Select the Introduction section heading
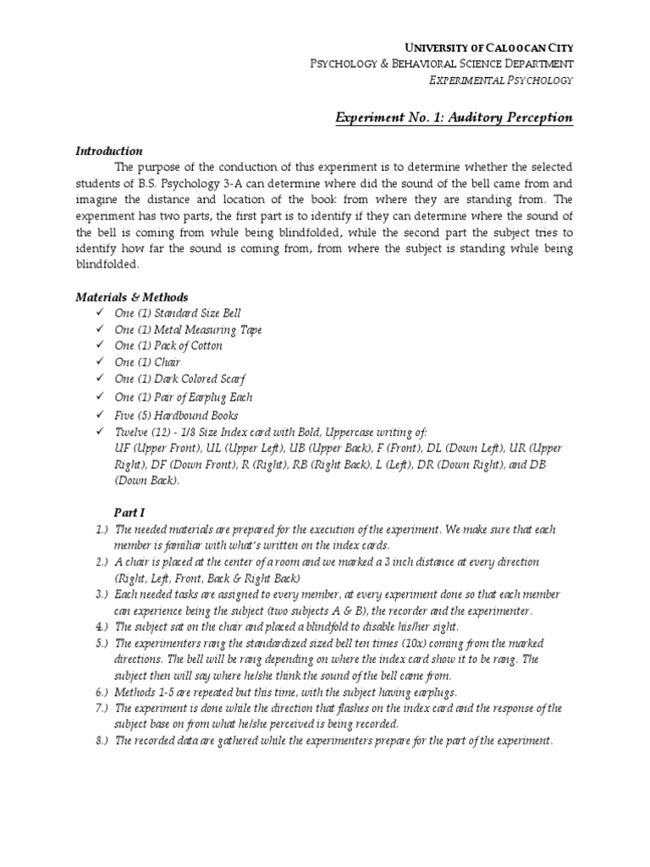coord(109,151)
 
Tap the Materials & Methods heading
coord(131,297)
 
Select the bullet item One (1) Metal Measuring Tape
coord(188,329)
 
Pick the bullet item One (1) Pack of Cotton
coord(168,345)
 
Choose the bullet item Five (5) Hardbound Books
coord(176,416)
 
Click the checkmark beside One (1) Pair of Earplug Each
coord(99,396)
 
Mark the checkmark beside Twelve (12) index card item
coord(99,431)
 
